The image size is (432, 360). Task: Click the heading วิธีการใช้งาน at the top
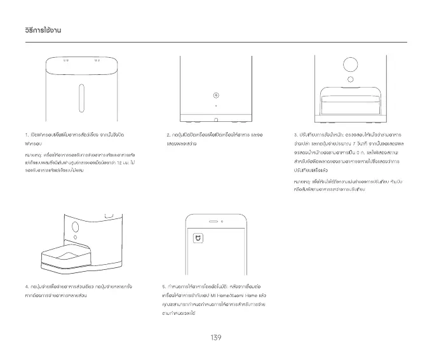pos(40,30)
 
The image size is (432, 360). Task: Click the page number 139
pos(215,337)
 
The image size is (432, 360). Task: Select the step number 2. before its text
pos(168,135)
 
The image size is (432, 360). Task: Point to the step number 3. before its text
pos(296,135)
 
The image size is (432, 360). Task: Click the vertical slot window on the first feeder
pos(81,96)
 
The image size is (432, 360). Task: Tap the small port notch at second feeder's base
pos(215,119)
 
